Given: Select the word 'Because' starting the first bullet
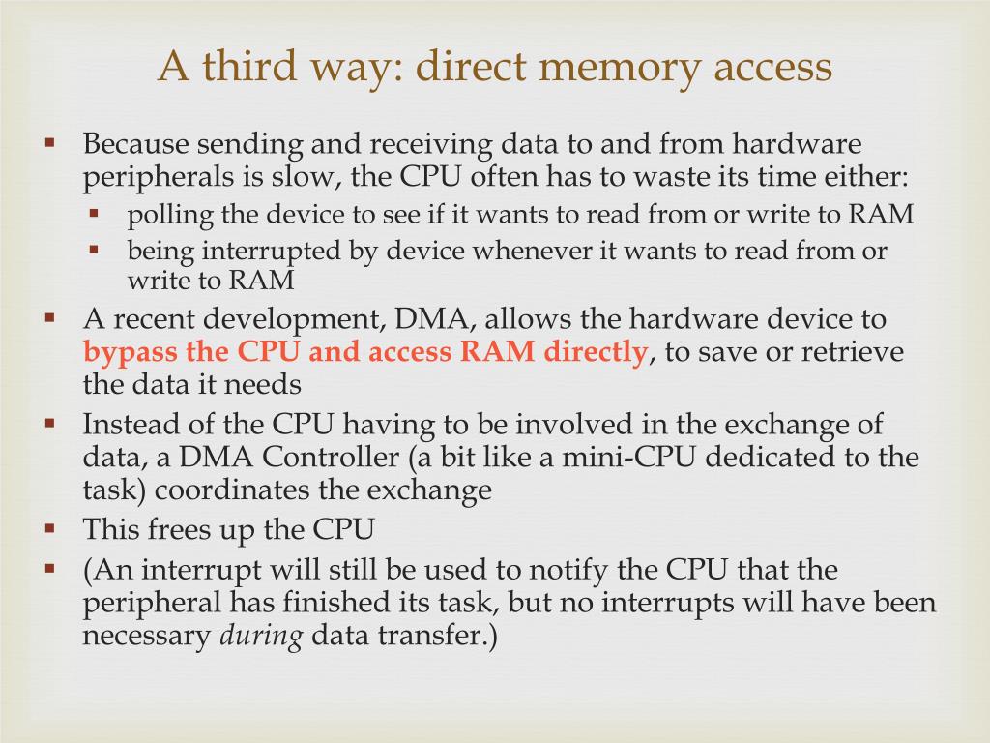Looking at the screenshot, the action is pos(136,145).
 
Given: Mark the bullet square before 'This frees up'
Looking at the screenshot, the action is pos(51,528).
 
